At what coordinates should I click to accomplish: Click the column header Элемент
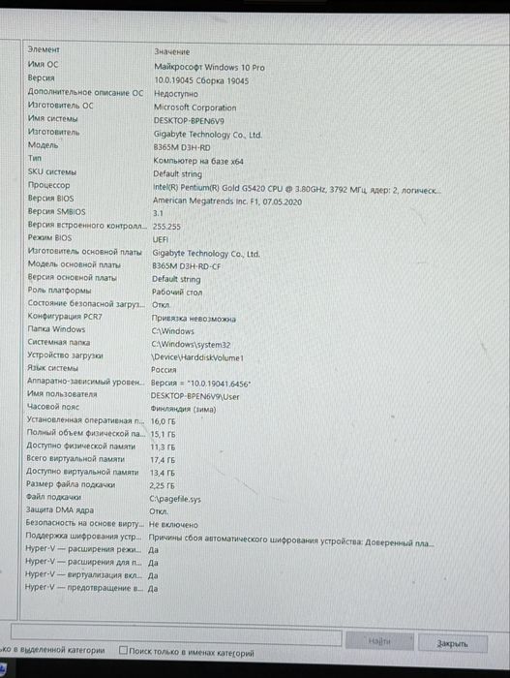[44, 49]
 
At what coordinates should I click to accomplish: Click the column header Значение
[171, 50]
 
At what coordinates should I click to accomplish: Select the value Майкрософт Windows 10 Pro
[209, 67]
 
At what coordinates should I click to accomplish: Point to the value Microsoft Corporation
[195, 108]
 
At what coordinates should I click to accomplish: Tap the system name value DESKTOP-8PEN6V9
[189, 121]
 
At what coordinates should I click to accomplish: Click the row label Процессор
[48, 184]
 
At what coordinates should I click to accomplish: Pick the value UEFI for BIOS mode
[161, 238]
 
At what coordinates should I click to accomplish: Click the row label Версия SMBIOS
[56, 210]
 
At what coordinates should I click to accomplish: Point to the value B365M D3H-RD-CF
[187, 265]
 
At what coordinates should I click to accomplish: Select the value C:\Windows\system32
[191, 344]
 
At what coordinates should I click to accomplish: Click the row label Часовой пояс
[52, 408]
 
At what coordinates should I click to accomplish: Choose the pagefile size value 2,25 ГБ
[162, 484]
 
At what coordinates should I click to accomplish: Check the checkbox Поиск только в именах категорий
[123, 652]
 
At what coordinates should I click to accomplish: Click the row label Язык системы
[53, 369]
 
